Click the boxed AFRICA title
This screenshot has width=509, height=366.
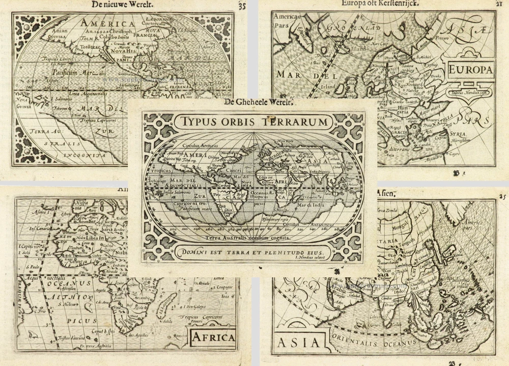213,337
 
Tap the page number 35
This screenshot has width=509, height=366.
242,6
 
